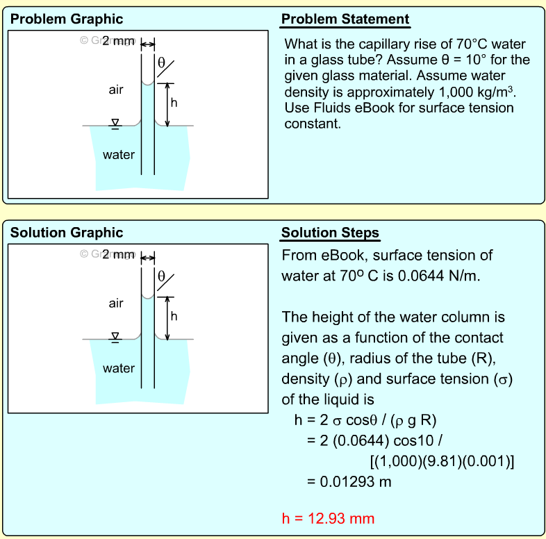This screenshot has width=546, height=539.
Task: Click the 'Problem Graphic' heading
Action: click(67, 19)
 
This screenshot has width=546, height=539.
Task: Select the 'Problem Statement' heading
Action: click(345, 19)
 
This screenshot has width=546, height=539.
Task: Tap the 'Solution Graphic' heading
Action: click(67, 233)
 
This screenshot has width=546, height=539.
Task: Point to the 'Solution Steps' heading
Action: click(330, 233)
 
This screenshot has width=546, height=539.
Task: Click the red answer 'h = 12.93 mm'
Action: click(328, 518)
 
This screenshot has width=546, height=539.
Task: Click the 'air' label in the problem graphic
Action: click(117, 90)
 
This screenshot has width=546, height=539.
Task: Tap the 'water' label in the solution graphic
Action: click(119, 368)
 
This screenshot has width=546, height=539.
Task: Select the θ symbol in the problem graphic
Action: click(161, 63)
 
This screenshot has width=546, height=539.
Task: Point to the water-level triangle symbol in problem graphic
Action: click(115, 123)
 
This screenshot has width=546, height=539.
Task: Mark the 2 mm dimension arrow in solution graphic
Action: click(148, 259)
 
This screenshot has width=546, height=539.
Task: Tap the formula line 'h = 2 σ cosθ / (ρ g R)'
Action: click(365, 421)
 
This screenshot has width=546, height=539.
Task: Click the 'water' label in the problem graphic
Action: click(119, 155)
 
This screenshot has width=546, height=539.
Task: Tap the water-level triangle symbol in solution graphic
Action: click(115, 336)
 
